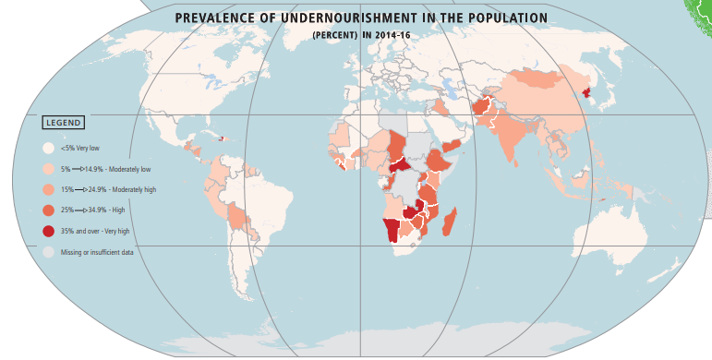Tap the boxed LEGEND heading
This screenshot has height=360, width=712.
click(64, 123)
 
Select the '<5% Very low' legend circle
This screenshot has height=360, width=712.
click(48, 148)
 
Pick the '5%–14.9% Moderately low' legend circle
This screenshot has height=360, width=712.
click(48, 169)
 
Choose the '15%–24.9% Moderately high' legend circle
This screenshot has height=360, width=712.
click(48, 189)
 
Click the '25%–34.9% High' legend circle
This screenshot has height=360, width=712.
click(48, 210)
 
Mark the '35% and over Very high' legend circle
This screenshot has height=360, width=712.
click(48, 231)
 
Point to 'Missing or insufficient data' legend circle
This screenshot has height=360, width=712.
click(48, 251)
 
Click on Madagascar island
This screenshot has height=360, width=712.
click(451, 222)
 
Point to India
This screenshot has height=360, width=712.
click(511, 138)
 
